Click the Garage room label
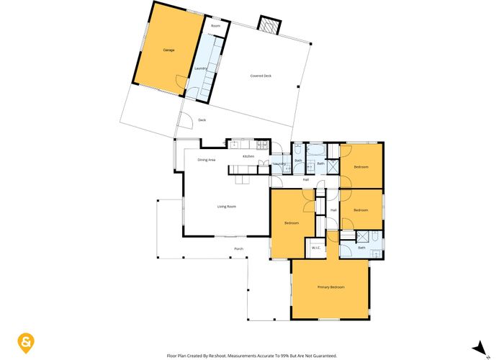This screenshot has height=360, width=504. [169, 50]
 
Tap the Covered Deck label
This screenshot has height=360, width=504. [261, 76]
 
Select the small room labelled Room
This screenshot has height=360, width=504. [215, 26]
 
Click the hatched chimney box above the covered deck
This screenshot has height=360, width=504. [268, 26]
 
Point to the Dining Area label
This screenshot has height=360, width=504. [207, 159]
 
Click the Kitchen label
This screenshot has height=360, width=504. [248, 156]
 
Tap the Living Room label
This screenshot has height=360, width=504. [227, 207]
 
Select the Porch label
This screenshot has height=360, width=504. [238, 249]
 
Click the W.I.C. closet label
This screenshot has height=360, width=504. [315, 248]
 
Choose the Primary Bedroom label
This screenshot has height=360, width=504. [330, 287]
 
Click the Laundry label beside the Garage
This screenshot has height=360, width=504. [201, 68]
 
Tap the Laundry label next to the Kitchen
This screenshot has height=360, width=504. [280, 164]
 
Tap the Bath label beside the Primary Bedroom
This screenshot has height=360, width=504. [361, 248]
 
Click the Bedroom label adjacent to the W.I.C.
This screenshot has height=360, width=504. [291, 223]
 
